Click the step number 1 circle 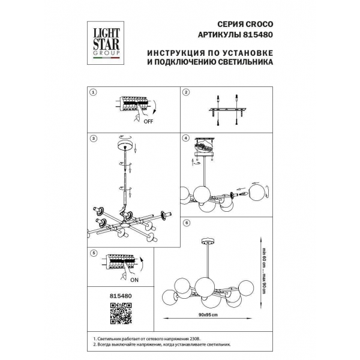pyautogui.click(x=93, y=92)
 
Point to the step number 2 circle pyautogui.click(x=186, y=92)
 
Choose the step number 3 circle pyautogui.click(x=93, y=138)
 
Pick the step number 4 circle pyautogui.click(x=186, y=138)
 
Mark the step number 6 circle pyautogui.click(x=186, y=223)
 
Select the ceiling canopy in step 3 pyautogui.click(x=125, y=146)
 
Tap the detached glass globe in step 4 pyautogui.click(x=259, y=193)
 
